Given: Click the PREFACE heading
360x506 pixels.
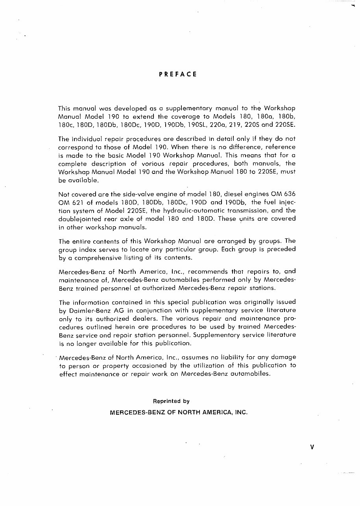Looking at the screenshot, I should [x=178, y=74].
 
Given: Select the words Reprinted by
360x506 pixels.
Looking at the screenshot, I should [x=171, y=401].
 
